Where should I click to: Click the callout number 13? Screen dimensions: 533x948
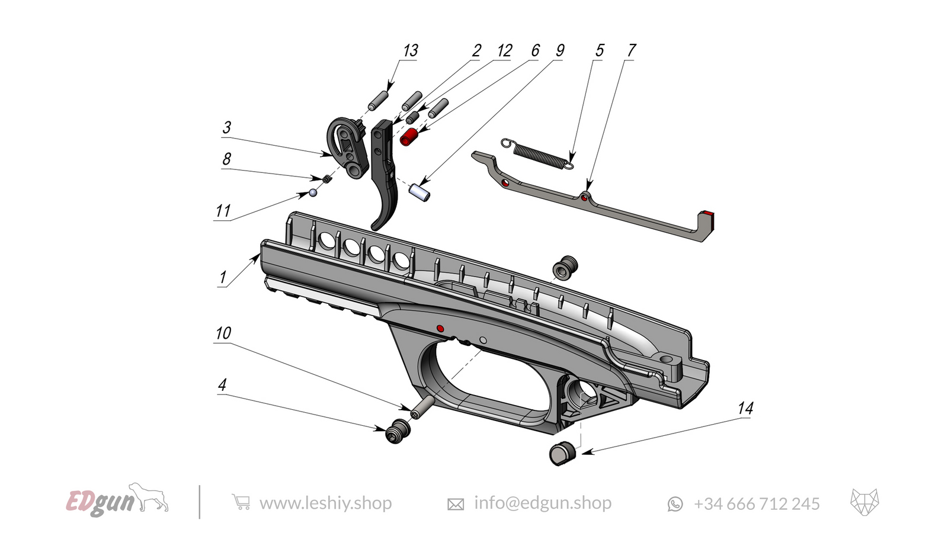click(410, 50)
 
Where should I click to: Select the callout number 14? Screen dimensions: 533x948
click(745, 408)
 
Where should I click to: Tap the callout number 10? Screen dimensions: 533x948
click(223, 333)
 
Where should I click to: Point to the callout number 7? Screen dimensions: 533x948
click(631, 50)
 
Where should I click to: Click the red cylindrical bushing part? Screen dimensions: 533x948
click(409, 137)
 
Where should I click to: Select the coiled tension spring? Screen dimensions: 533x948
click(537, 153)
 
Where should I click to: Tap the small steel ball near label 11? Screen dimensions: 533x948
click(313, 192)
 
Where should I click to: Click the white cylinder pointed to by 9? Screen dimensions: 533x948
click(420, 192)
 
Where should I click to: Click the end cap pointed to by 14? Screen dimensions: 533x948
click(562, 453)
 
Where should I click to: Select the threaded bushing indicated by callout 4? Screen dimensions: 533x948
click(398, 431)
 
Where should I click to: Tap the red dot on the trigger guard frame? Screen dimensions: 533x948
click(440, 327)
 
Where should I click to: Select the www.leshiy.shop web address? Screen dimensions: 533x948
click(325, 503)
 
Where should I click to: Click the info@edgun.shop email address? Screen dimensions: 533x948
click(542, 503)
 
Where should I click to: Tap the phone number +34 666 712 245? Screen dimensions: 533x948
click(756, 504)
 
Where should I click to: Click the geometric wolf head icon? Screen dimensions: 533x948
click(864, 502)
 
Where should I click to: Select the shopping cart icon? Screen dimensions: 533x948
click(241, 502)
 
